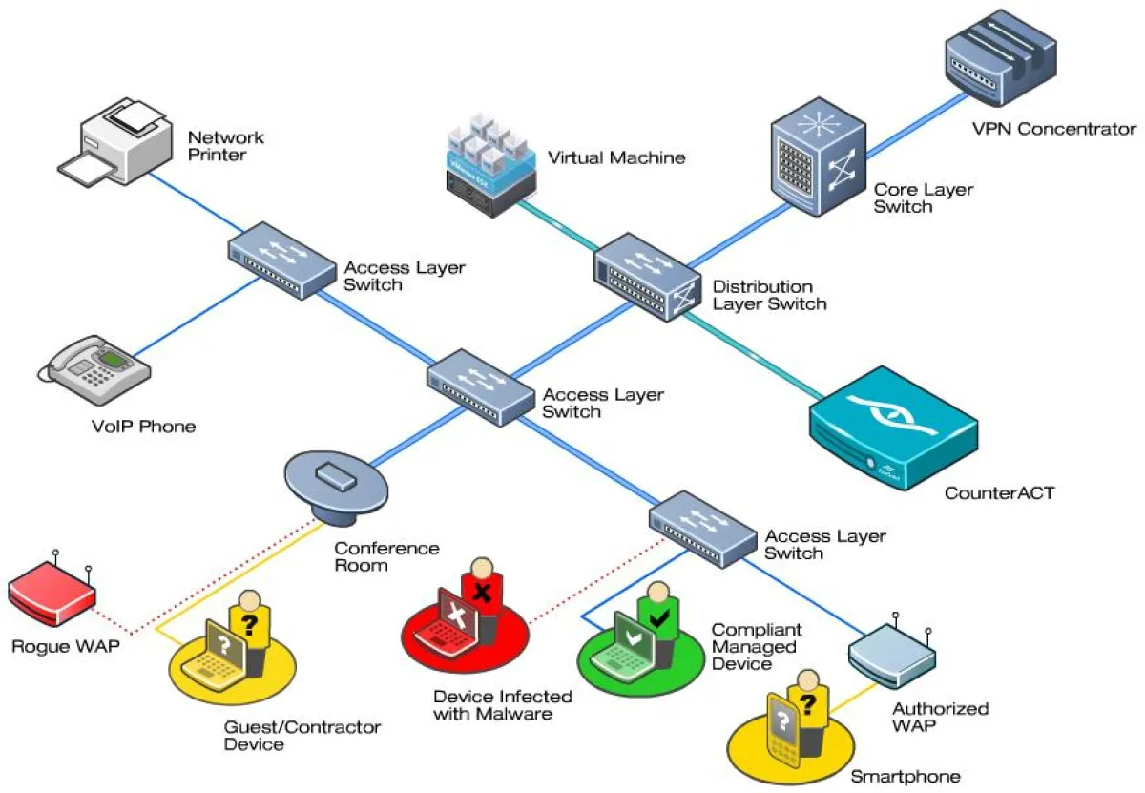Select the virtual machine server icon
487,162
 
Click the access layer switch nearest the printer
281,260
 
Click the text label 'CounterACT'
999,493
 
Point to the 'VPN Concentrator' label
1053,129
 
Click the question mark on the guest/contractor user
250,625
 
